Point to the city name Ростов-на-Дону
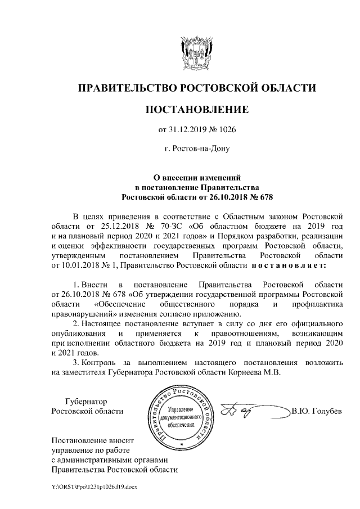pyautogui.click(x=197, y=149)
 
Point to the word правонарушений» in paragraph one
pyautogui.click(x=83, y=313)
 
